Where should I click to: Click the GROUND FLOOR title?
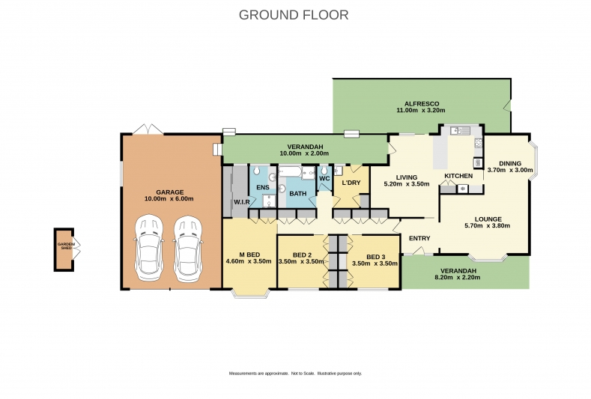pos(294,15)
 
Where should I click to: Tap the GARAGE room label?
pos(170,192)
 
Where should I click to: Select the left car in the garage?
pos(149,249)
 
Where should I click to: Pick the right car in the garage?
pos(188,249)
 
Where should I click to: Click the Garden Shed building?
pos(64,249)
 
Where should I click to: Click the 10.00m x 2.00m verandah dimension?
pos(304,153)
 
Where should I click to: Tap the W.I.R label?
pos(242,202)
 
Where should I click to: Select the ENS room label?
pos(263,188)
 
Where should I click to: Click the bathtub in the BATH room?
pos(290,173)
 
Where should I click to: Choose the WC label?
pos(324,179)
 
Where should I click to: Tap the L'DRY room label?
pos(351,183)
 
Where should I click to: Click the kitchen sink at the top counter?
pos(460,131)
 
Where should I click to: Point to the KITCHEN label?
pos(458,176)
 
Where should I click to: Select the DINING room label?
pos(510,163)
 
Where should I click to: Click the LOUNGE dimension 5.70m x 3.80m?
pos(488,225)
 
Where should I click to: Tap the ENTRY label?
pos(419,238)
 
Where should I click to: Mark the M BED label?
pos(249,255)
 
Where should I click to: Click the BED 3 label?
pos(376,257)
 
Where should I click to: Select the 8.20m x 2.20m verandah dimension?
pos(458,278)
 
